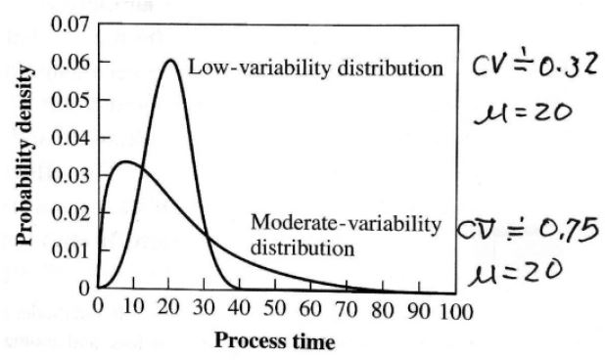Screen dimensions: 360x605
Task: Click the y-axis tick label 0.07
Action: pos(69,23)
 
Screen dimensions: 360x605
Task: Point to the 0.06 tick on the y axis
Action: pos(69,63)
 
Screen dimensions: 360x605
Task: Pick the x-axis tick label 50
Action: pos(277,312)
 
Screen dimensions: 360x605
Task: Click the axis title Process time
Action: pos(275,341)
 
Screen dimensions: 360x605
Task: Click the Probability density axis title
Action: pos(28,157)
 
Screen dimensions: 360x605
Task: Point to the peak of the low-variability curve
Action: pos(169,61)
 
